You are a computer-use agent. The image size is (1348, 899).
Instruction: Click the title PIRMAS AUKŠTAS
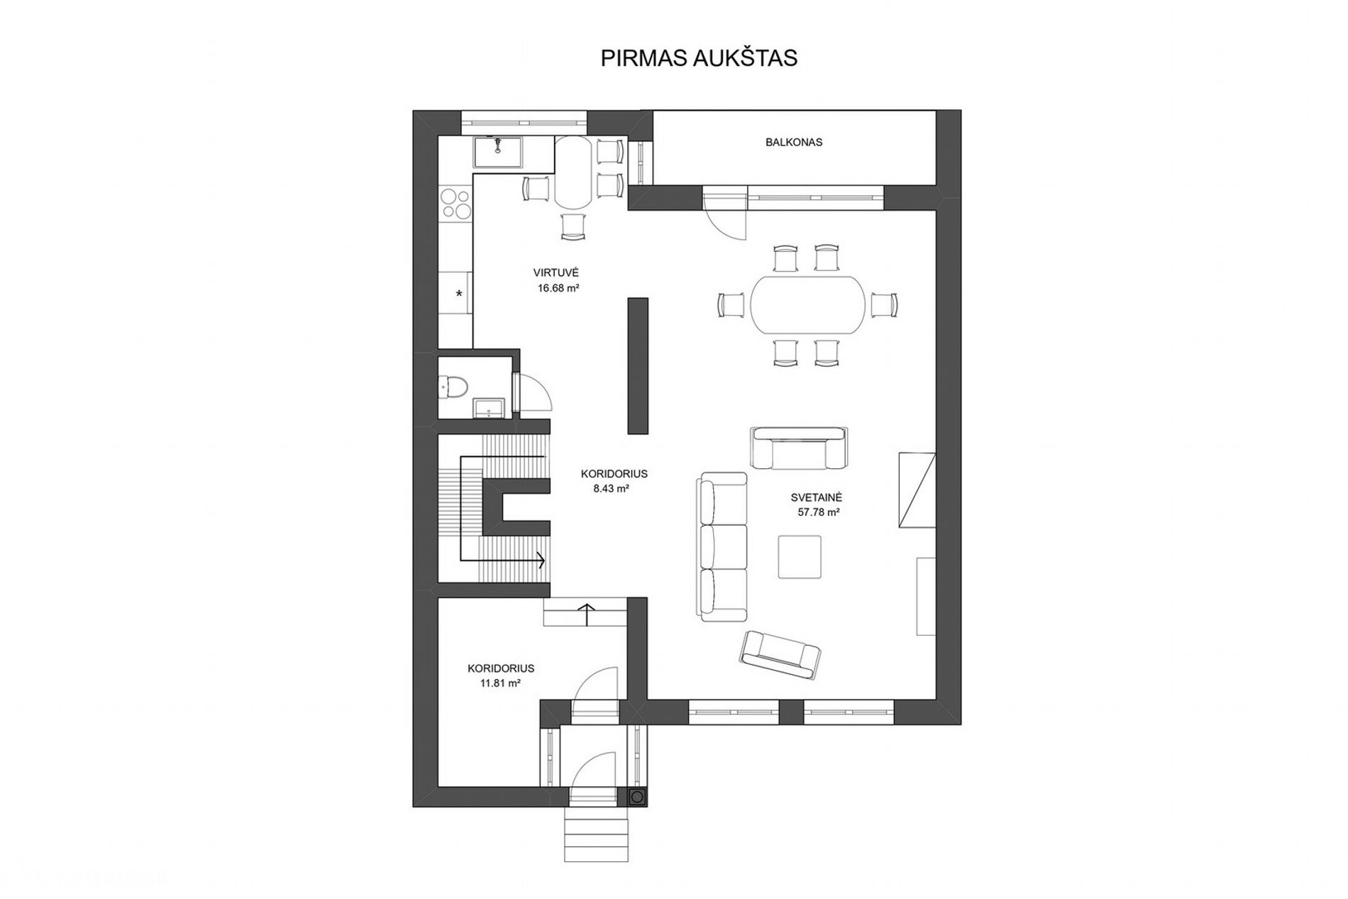click(x=699, y=57)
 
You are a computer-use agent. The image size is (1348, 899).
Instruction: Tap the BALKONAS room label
click(x=794, y=142)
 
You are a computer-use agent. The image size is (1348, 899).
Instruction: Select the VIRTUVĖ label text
click(x=557, y=272)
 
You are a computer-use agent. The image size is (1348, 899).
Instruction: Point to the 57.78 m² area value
click(x=819, y=512)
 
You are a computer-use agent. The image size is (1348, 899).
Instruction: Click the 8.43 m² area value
click(x=612, y=488)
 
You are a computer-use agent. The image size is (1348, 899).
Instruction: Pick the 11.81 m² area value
click(x=501, y=683)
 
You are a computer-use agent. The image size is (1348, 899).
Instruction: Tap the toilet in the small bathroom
click(x=452, y=387)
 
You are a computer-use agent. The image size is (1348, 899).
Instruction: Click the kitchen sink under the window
click(x=498, y=153)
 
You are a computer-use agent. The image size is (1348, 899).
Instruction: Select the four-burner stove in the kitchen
click(x=455, y=203)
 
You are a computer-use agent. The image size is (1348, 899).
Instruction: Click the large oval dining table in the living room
click(x=808, y=304)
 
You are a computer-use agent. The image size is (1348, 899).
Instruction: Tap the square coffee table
click(x=800, y=557)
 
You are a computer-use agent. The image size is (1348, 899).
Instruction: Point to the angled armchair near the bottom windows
click(x=780, y=656)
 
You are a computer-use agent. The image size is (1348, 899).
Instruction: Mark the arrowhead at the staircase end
click(x=541, y=561)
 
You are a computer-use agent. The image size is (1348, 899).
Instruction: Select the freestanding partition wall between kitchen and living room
click(x=638, y=365)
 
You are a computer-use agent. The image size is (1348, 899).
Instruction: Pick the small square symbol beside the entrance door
click(x=637, y=797)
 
